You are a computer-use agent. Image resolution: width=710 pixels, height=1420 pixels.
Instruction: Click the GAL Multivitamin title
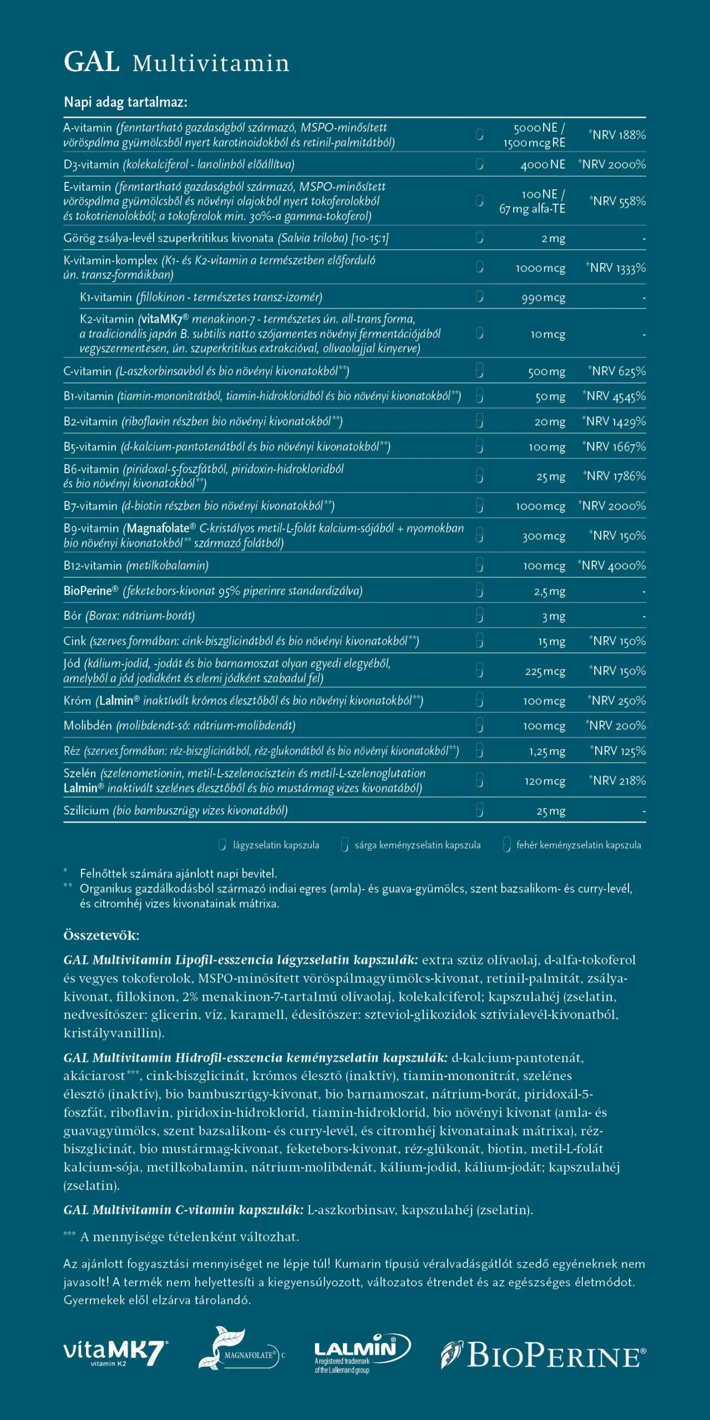point(176,62)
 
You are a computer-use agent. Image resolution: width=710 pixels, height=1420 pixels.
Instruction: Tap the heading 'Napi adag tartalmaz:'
point(125,102)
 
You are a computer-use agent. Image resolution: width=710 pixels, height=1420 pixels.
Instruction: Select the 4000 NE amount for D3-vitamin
point(542,165)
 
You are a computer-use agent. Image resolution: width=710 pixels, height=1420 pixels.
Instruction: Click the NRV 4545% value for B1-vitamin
point(614,396)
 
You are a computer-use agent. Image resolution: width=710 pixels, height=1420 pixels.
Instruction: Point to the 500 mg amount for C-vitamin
point(546,372)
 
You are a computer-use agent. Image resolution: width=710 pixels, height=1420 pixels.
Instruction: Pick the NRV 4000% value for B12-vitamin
point(611,566)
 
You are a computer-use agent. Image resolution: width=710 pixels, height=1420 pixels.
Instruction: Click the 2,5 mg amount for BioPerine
point(549,591)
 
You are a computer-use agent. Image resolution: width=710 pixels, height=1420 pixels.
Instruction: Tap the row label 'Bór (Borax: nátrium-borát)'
point(129,616)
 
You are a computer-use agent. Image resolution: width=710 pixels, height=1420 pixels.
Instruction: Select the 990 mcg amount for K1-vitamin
point(543,298)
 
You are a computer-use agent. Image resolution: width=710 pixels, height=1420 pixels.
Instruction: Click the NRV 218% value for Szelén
point(617,780)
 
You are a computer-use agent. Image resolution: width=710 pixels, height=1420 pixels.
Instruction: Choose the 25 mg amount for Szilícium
point(550,811)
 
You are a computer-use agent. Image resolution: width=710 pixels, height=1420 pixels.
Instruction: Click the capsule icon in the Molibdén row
point(480,726)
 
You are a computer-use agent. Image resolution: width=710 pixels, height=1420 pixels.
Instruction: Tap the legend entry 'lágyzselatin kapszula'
point(276,845)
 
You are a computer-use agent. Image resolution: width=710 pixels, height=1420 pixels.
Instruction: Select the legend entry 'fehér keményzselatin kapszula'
point(578,845)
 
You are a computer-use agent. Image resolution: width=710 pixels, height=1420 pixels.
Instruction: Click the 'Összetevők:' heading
point(101,936)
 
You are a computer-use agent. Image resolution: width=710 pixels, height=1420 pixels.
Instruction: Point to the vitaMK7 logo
point(115,1353)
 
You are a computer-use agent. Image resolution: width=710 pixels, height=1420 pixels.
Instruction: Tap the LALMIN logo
point(362,1352)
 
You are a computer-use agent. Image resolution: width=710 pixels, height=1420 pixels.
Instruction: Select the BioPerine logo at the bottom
point(544,1356)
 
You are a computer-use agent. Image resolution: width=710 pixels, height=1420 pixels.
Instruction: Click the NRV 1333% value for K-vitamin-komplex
point(616,268)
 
